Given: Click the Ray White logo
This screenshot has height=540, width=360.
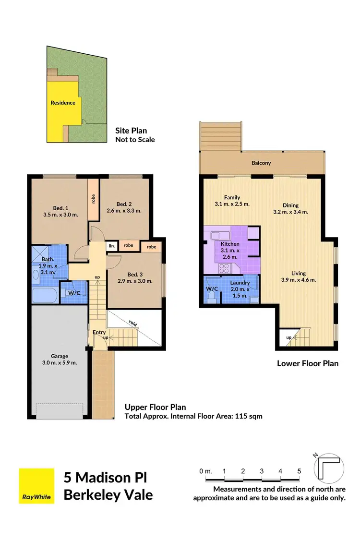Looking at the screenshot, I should [36, 486].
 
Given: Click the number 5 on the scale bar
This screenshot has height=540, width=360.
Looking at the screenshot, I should [299, 471].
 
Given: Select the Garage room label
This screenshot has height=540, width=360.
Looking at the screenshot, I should [60, 356].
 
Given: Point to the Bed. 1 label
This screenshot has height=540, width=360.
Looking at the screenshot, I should [60, 208].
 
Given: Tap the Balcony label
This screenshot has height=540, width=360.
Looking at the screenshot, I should [261, 163].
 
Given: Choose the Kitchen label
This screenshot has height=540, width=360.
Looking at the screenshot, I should [230, 244].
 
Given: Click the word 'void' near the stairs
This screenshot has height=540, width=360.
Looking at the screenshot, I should [133, 323].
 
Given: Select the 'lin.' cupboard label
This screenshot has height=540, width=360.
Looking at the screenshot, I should [111, 245].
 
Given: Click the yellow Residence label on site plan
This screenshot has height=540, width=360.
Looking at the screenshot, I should [63, 102].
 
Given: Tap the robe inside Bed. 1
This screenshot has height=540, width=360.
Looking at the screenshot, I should [93, 198].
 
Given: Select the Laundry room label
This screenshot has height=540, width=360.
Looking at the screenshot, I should [240, 283].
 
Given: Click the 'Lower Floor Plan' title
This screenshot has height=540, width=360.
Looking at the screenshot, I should [307, 363].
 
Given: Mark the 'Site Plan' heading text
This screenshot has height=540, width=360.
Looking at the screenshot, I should [131, 130].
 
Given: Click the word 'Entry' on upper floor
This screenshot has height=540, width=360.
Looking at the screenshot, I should [99, 333].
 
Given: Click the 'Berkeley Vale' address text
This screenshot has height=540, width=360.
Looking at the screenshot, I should [108, 494].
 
